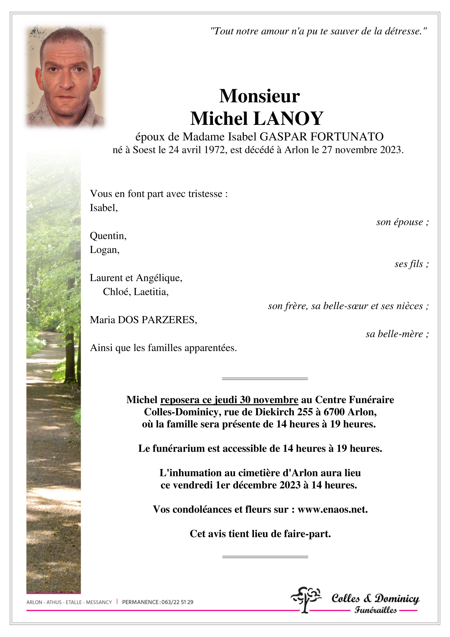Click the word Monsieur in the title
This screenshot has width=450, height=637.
[259, 96]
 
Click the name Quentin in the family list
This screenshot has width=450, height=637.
[108, 236]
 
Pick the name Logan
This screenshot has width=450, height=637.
[104, 250]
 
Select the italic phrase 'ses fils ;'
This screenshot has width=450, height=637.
[411, 264]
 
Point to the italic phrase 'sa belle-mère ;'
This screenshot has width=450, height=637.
[397, 334]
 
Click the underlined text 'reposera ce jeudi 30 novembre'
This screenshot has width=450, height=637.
[229, 400]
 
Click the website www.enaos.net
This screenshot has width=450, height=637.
[332, 509]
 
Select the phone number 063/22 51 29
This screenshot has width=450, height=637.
[177, 602]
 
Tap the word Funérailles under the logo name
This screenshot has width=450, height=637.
[375, 610]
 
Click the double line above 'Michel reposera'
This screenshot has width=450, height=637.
[265, 379]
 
